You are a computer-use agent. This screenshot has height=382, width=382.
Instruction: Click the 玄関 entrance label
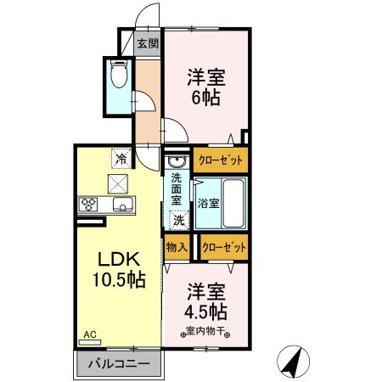click(148, 43)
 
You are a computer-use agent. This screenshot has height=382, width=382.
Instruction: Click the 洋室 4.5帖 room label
click(206, 298)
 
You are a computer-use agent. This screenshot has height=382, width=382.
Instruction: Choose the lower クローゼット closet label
click(225, 247)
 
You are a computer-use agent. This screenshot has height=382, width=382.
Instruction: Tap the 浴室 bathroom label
click(209, 204)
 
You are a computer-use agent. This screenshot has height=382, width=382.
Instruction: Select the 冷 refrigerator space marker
click(121, 158)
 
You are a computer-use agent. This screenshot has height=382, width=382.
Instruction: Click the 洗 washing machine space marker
click(178, 220)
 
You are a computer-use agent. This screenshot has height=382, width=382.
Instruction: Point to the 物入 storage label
click(177, 247)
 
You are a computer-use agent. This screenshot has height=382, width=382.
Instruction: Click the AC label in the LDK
click(90, 334)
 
